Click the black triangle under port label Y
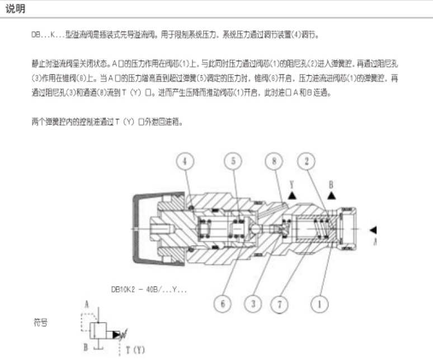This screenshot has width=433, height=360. pos(292,195)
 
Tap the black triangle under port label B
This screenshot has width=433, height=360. pos(332,195)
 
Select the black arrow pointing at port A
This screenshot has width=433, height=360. pos(373,229)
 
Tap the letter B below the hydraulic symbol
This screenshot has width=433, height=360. pos(86,347)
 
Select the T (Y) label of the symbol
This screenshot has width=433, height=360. pos(134,350)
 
